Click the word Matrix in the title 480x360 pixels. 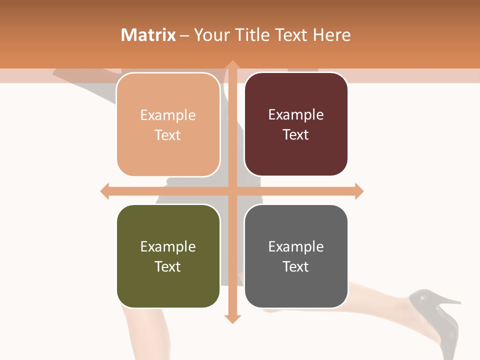pos(148,35)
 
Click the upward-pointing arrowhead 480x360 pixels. pos(232,65)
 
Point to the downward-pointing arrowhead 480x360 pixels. pos(232,318)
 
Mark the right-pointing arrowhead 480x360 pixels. pos(359,191)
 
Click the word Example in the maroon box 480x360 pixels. pos(296,115)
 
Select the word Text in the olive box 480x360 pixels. pos(168,266)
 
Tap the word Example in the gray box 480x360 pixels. pos(296,246)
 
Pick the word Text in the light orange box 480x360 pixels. pos(168,135)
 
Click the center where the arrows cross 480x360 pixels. pos(232,191)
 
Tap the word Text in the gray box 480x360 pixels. pos(296,266)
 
